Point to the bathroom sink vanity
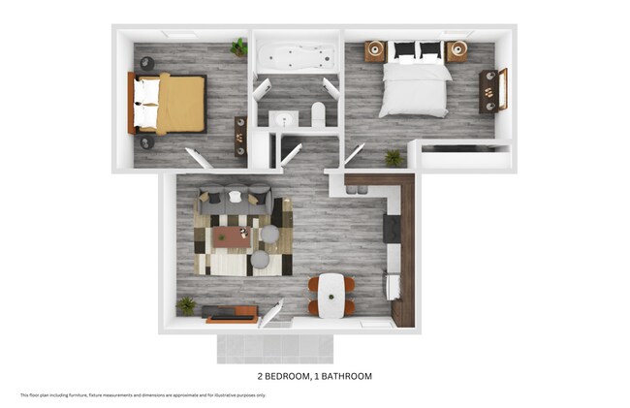coord(283,120)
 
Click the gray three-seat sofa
coord(235,199)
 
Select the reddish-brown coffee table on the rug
coord(232,236)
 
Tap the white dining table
coord(331,295)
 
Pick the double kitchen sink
coord(394,285)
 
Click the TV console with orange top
coord(231,314)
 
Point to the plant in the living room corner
coord(186,304)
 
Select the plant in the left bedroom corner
coord(238,47)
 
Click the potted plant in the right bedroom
coord(393,156)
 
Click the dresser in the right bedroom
coord(493,92)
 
